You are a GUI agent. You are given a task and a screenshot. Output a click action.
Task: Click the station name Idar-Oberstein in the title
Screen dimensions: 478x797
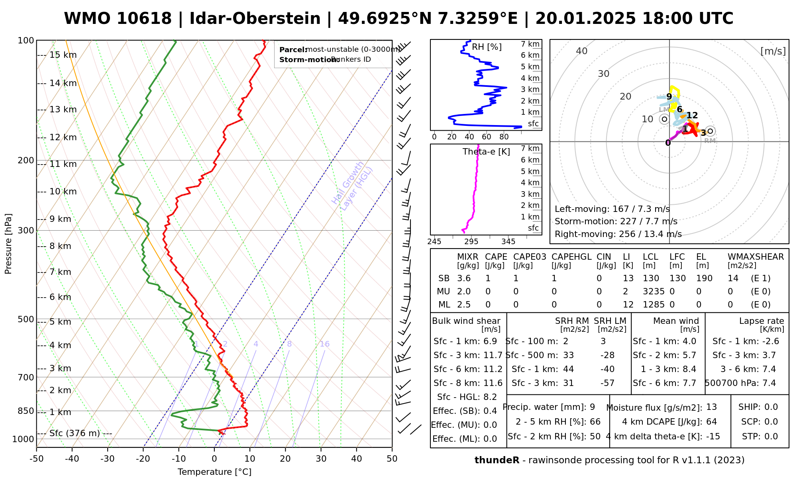click(255, 19)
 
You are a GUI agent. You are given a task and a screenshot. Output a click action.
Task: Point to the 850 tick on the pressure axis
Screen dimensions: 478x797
click(26, 411)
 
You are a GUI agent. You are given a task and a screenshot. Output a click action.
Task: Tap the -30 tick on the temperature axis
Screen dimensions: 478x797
click(108, 459)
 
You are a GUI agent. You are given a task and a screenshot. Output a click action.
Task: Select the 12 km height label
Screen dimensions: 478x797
click(63, 138)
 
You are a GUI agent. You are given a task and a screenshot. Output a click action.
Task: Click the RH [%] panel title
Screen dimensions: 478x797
click(487, 47)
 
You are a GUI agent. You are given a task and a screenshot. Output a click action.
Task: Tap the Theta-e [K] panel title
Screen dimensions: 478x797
click(486, 152)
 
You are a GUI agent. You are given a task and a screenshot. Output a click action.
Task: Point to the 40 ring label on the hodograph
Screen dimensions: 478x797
click(582, 51)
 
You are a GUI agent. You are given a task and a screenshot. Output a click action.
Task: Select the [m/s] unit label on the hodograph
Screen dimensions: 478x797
click(773, 51)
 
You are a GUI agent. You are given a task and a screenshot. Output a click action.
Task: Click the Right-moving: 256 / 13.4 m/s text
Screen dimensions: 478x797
click(618, 234)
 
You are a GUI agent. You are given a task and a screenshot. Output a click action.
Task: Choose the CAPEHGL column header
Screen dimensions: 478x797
click(571, 257)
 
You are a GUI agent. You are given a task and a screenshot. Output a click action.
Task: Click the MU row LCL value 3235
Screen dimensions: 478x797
click(654, 292)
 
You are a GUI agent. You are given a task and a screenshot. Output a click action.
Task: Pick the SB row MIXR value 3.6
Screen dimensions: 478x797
click(464, 278)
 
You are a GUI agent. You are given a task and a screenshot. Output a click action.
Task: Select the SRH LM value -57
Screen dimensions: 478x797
click(607, 383)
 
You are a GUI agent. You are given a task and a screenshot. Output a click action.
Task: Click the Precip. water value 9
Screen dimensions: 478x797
click(592, 407)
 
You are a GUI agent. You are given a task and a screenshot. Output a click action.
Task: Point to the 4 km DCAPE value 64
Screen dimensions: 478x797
click(711, 422)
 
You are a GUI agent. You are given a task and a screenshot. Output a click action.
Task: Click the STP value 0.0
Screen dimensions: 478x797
click(771, 437)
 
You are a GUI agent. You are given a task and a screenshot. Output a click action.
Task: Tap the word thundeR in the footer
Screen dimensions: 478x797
click(497, 460)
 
